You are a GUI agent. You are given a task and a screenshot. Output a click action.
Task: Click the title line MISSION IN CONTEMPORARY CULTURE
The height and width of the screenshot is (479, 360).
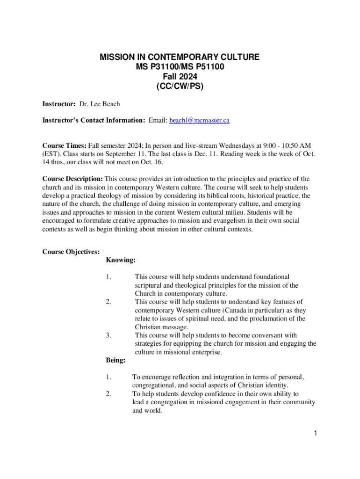(180, 58)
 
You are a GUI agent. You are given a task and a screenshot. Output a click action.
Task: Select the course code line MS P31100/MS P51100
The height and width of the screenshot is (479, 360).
(180, 67)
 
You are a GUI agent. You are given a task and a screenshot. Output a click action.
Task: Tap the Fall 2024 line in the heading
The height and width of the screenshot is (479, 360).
(180, 76)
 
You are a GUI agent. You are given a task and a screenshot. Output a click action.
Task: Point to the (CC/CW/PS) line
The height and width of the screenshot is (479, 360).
(180, 86)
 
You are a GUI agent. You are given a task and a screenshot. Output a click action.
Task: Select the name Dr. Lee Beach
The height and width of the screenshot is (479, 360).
(100, 103)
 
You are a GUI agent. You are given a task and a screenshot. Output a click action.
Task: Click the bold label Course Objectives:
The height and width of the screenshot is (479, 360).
(71, 252)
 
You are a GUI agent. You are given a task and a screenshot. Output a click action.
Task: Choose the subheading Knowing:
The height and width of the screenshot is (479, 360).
(121, 260)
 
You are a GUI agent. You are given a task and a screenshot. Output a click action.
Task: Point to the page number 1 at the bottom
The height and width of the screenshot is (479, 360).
(316, 433)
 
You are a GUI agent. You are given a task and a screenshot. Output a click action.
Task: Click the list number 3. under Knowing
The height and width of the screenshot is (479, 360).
(108, 335)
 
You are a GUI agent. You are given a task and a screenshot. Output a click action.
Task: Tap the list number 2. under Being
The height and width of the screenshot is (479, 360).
(108, 394)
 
